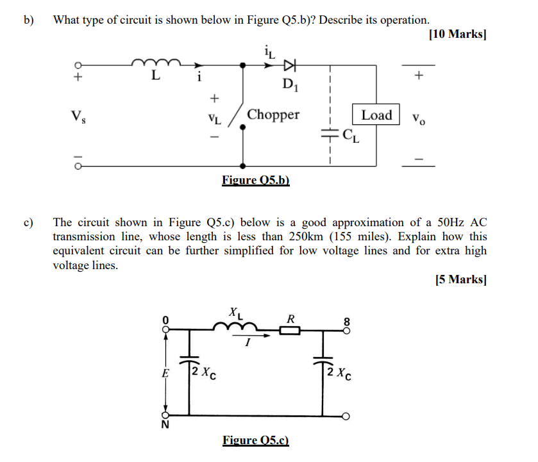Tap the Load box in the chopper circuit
pos(376,115)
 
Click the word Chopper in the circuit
pos(273,115)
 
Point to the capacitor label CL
pos(351,135)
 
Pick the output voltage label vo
pos(419,118)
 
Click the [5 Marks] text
pos(460,279)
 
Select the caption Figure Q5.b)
pos(256,180)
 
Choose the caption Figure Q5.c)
pos(256,440)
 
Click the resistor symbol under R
pos(291,331)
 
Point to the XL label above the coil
pos(235,314)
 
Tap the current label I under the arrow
pos(247,344)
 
